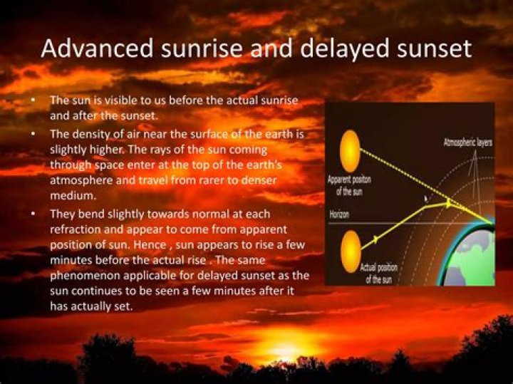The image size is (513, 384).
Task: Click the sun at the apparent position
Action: pyautogui.click(x=350, y=151)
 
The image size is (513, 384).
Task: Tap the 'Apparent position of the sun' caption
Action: pyautogui.click(x=349, y=185)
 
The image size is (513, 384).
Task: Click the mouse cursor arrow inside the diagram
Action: pyautogui.click(x=426, y=200)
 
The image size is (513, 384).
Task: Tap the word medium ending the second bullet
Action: pyautogui.click(x=71, y=197)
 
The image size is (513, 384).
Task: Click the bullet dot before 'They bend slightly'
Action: pyautogui.click(x=33, y=213)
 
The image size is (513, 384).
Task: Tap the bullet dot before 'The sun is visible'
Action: pyautogui.click(x=33, y=100)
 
